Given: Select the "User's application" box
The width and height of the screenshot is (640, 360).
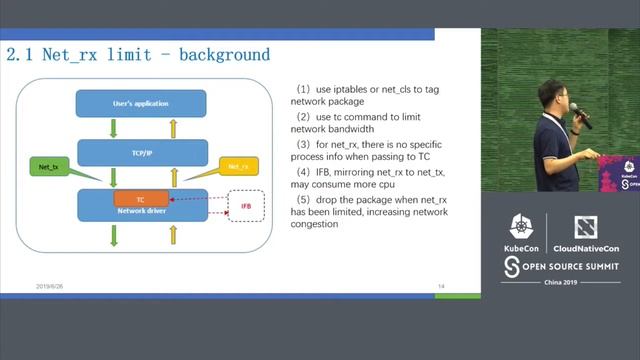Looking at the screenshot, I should tap(141, 103).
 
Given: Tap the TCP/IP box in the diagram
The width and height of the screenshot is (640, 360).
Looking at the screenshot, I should tap(141, 153).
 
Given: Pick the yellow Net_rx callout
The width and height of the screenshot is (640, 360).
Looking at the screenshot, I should tap(238, 166).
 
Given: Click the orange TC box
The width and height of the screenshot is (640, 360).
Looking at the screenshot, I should tap(140, 200).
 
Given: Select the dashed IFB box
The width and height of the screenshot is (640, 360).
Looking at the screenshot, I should tap(245, 206).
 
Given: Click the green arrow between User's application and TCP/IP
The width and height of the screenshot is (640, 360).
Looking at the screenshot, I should tap(113, 128).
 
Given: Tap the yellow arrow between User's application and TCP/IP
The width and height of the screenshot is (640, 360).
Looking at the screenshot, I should tap(172, 128).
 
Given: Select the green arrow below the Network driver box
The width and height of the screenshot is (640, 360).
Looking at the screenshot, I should tap(113, 235).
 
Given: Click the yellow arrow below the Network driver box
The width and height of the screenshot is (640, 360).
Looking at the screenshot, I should tap(172, 235).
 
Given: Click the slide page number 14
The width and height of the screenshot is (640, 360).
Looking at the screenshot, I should tap(440, 286).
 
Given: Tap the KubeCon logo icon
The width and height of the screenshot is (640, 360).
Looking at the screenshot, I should tap(521, 227).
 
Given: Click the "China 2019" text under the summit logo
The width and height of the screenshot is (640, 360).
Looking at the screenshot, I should tap(560, 282).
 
